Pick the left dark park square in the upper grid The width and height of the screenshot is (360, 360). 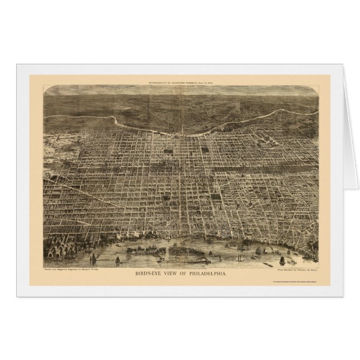pos(168,151)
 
